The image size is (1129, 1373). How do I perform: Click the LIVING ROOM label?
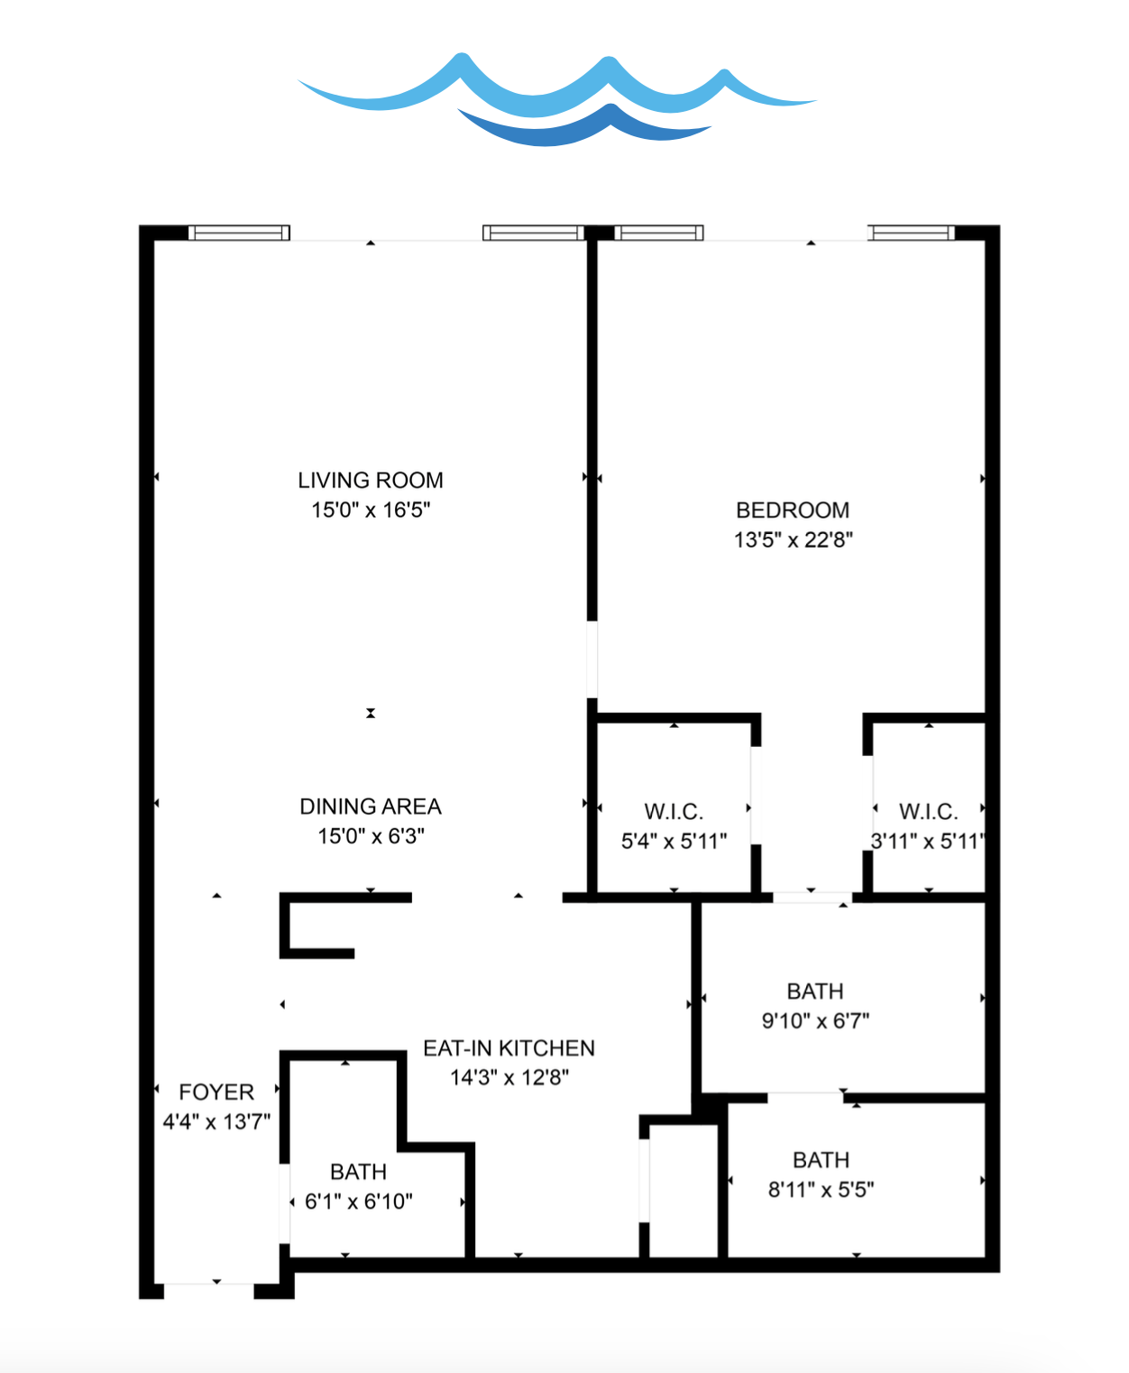(371, 481)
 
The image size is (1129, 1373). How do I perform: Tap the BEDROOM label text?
(793, 511)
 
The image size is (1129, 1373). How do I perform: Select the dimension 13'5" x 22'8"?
(794, 539)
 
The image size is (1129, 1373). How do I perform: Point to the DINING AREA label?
(371, 806)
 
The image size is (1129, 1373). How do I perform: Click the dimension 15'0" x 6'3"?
(371, 836)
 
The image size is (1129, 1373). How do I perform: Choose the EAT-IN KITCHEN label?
(509, 1048)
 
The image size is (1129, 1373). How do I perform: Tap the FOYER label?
(216, 1092)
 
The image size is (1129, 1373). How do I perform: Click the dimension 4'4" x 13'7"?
(216, 1121)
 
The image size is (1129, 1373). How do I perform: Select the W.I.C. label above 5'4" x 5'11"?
(674, 812)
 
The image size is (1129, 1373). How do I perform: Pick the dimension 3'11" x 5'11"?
(929, 841)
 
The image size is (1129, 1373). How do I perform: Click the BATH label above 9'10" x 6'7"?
(815, 991)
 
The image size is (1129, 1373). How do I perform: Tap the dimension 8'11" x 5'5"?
(822, 1190)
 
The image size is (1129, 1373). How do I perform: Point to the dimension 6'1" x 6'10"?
(359, 1201)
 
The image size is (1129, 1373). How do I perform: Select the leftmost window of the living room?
(239, 233)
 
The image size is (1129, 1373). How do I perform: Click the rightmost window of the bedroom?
(911, 233)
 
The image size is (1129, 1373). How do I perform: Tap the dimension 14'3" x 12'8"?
(509, 1077)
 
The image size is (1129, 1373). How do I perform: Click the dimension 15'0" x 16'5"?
(371, 510)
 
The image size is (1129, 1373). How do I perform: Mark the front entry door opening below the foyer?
(209, 1292)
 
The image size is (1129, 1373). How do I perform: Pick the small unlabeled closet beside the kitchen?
(684, 1191)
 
